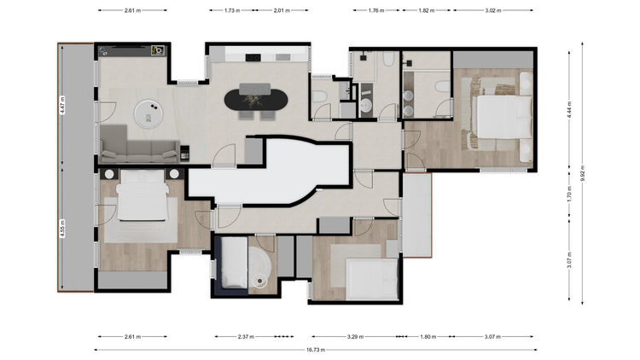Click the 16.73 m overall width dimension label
click(316, 350)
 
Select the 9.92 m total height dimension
click(583, 173)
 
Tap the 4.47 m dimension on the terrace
click(62, 105)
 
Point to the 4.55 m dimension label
click(62, 229)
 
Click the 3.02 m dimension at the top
click(493, 10)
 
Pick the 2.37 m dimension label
click(246, 337)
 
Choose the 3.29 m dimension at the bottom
click(355, 337)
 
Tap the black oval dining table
click(256, 100)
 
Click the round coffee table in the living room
click(148, 113)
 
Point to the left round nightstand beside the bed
click(109, 174)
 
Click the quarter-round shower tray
click(259, 266)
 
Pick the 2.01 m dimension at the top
click(282, 10)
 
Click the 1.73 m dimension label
click(232, 10)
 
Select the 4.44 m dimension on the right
click(570, 109)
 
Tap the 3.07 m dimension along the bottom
click(492, 337)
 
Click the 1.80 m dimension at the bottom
click(428, 337)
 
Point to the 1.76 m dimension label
click(376, 10)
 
